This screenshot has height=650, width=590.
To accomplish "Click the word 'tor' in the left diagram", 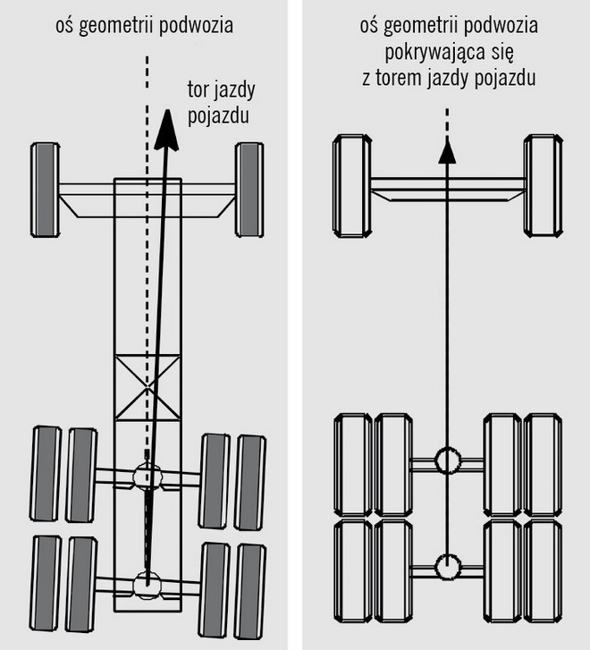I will pyautogui.click(x=198, y=89).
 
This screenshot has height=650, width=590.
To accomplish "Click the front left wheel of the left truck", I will pyautogui.click(x=45, y=190).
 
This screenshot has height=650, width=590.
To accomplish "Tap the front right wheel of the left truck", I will pyautogui.click(x=249, y=190).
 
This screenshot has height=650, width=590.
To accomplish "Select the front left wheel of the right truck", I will pyautogui.click(x=351, y=186).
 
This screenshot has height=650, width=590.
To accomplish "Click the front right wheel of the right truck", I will pyautogui.click(x=543, y=186).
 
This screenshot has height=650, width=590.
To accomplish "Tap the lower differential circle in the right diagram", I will pyautogui.click(x=447, y=565).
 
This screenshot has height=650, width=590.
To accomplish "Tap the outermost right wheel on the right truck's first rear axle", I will pyautogui.click(x=543, y=465).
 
